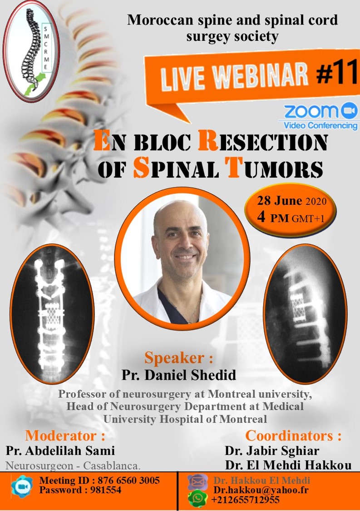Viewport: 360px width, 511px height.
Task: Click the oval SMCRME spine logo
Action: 31,51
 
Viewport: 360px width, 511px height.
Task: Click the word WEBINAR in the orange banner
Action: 261,75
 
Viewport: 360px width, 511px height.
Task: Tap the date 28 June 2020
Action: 291,201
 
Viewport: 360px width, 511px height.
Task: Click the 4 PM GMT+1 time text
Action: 291,218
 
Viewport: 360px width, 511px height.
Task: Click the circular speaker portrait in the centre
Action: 182,259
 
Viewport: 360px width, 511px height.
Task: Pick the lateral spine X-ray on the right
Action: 305,313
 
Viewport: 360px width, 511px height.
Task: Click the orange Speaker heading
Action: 179,357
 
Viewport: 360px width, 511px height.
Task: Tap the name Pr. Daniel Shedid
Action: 179,375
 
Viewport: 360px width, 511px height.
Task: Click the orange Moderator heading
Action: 65,436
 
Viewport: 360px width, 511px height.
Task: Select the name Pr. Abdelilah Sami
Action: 60,451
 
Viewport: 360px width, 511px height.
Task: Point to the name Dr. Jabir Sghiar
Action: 272,451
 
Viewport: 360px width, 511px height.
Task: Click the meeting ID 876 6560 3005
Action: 128,480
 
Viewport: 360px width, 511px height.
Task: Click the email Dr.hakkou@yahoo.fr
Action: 261,490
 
